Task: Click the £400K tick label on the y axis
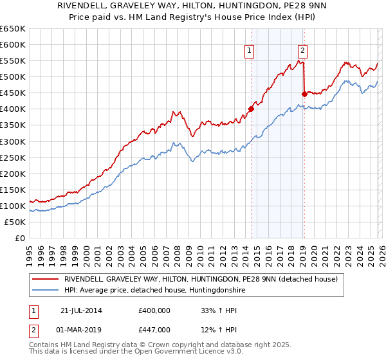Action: (x=13, y=109)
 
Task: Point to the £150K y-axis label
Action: (x=13, y=190)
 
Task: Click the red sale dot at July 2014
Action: (x=251, y=109)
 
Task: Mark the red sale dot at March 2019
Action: (x=304, y=94)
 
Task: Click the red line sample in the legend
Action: (x=46, y=279)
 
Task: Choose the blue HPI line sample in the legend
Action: (x=46, y=291)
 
